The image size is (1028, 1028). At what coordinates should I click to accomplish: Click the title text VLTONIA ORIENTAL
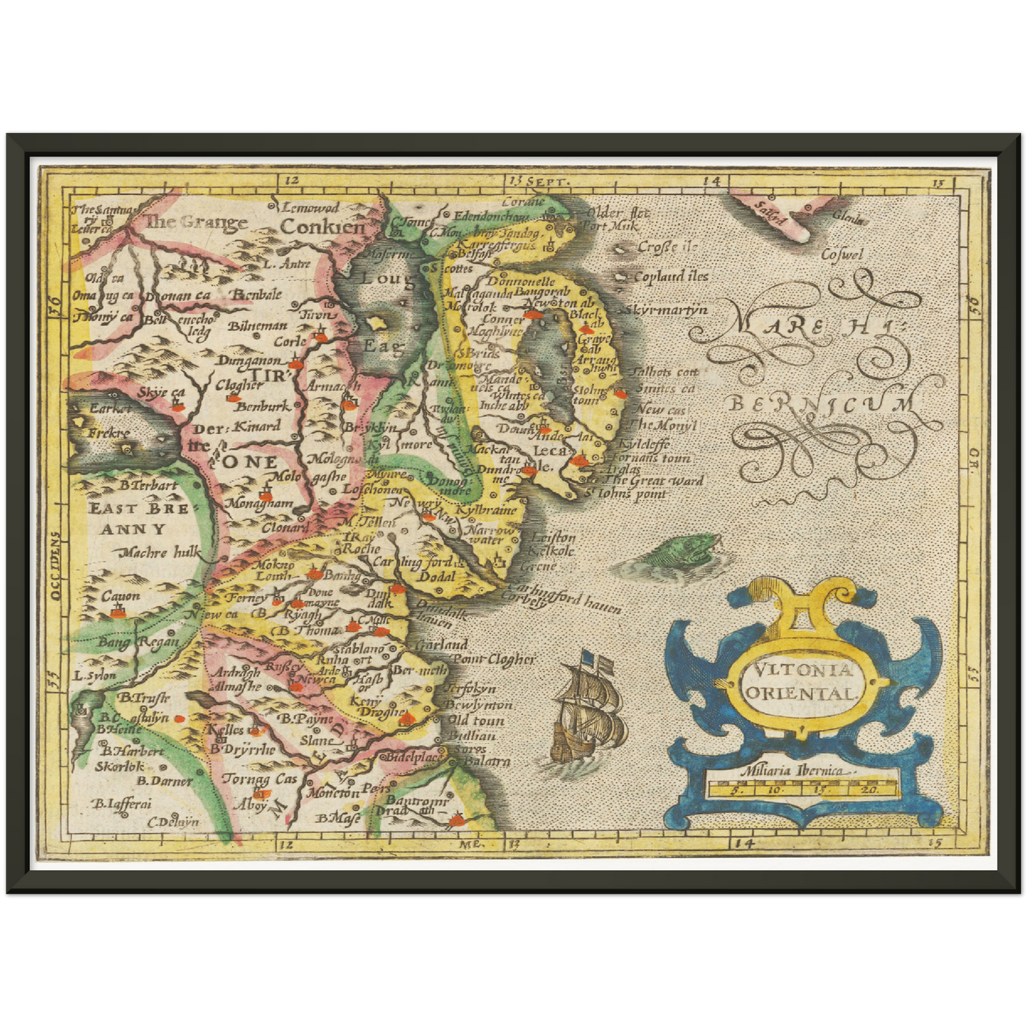802,681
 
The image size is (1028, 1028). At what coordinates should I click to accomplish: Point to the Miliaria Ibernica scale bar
804,788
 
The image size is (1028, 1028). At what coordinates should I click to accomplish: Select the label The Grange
196,222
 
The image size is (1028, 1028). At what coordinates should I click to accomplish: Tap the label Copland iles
670,276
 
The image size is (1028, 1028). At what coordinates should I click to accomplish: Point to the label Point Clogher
493,659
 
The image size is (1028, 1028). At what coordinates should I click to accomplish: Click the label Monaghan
259,504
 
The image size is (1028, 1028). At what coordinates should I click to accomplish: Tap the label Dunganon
248,361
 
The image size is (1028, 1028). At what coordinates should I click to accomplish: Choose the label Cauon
121,596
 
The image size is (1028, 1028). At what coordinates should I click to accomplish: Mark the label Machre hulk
161,553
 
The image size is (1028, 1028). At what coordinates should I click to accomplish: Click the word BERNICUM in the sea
822,404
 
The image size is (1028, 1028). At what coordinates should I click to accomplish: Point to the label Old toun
475,720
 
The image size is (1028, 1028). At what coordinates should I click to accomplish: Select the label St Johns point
626,493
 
